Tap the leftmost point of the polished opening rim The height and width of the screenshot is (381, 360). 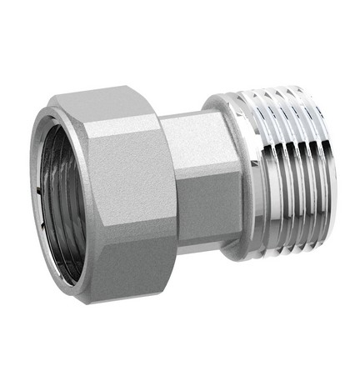pos(32,196)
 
